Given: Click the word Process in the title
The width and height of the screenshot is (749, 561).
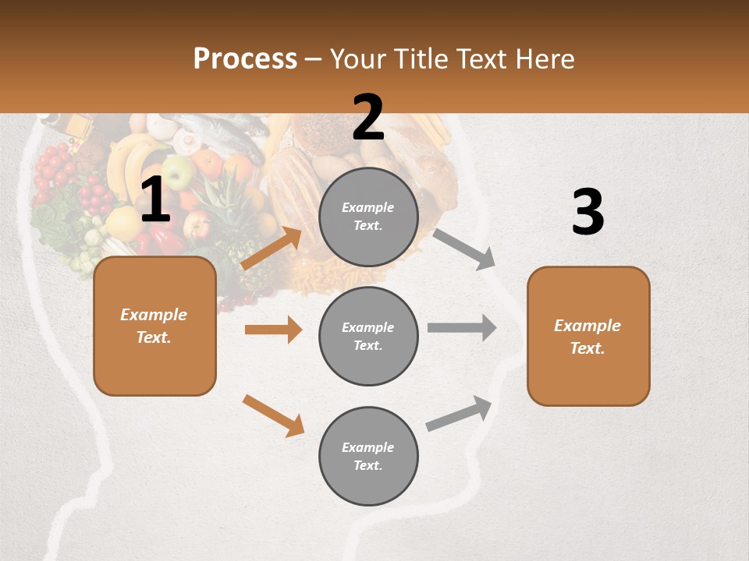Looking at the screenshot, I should point(245,59).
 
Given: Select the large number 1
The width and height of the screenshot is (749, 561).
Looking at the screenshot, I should point(154,200).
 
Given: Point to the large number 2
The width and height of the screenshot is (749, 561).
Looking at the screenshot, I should point(368,118).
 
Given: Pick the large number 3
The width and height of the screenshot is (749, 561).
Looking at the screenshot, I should point(587,213).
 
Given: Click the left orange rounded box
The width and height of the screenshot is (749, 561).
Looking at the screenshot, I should point(154,326).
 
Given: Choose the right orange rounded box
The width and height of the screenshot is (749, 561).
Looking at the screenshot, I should point(588,337).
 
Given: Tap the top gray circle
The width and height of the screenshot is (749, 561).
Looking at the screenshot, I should point(368,217).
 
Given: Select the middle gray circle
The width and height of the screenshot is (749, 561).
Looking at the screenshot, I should point(368,337).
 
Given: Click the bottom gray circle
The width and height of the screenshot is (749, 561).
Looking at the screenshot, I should point(368,457).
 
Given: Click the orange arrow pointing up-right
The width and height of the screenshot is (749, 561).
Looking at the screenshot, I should point(271,249).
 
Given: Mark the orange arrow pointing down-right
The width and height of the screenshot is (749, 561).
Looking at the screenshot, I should point(273,415).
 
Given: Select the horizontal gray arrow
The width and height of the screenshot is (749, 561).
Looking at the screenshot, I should point(462,327).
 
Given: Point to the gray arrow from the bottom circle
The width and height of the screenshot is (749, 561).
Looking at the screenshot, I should point(459,414).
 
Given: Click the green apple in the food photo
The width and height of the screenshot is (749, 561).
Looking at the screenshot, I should point(178,172).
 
